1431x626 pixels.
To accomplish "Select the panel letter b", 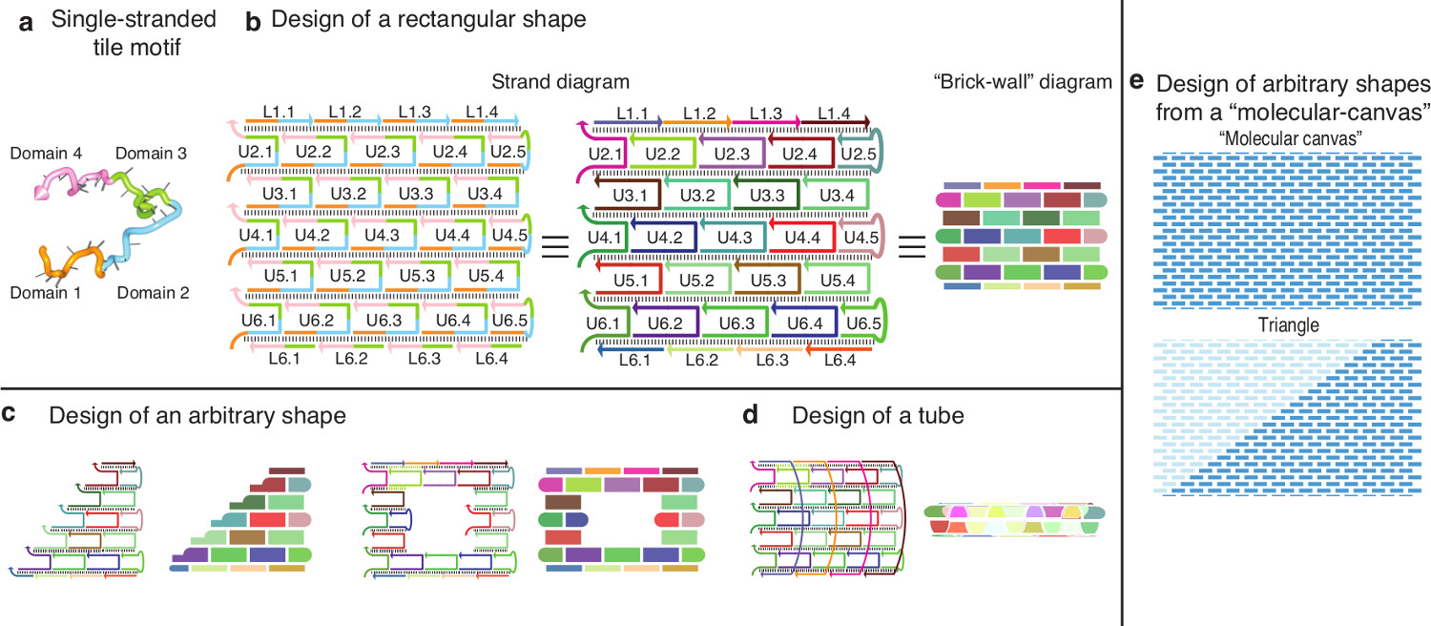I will point(253,23).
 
